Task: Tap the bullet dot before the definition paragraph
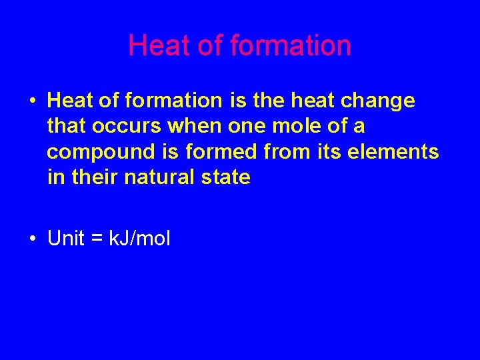pyautogui.click(x=31, y=101)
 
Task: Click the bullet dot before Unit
pyautogui.click(x=31, y=239)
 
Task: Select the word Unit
pyautogui.click(x=66, y=239)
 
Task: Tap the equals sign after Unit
pyautogui.click(x=97, y=239)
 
